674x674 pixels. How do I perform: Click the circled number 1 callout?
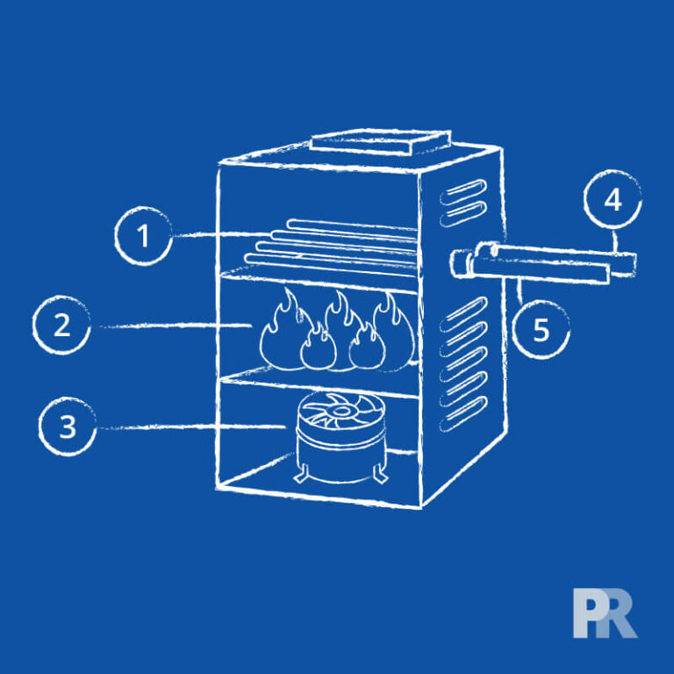tap(144, 235)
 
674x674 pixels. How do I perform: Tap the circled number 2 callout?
tap(61, 325)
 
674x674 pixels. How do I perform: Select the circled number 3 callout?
tap(68, 427)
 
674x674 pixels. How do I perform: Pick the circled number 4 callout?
tap(613, 199)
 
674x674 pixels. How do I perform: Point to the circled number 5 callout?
tap(541, 330)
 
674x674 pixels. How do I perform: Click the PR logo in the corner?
tap(606, 613)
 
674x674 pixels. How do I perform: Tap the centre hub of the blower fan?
tap(340, 411)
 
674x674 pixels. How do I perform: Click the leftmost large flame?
tap(283, 330)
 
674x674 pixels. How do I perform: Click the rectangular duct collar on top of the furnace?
tap(381, 141)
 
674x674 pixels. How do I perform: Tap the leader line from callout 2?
tap(175, 326)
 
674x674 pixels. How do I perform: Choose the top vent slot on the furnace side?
tap(463, 191)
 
